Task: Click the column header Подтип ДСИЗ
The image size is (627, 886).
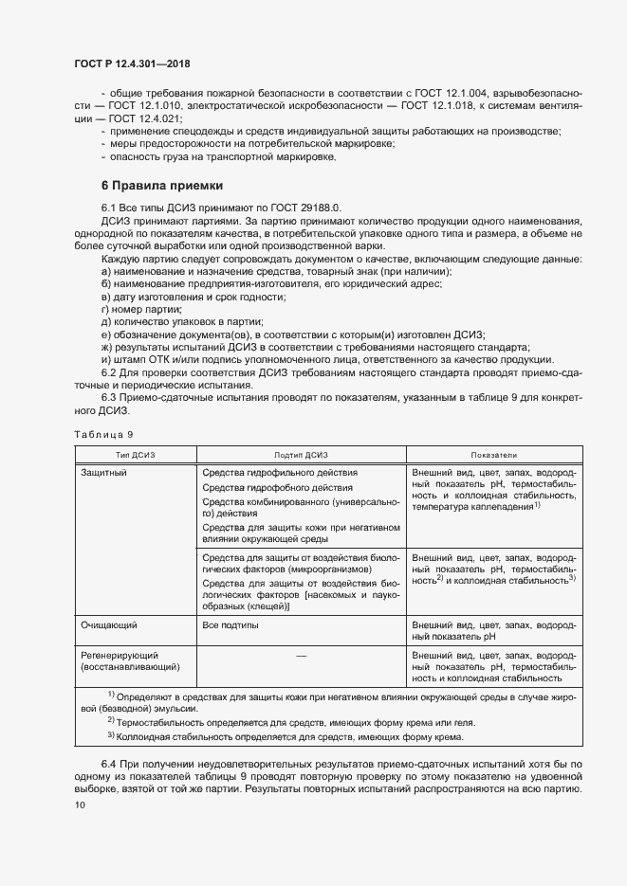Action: (x=301, y=454)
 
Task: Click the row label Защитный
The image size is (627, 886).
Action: (x=104, y=472)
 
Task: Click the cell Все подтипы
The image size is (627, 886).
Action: (x=231, y=626)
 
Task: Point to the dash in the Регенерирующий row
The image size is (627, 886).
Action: (x=301, y=656)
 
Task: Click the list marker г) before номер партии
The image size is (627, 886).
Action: (x=106, y=309)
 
